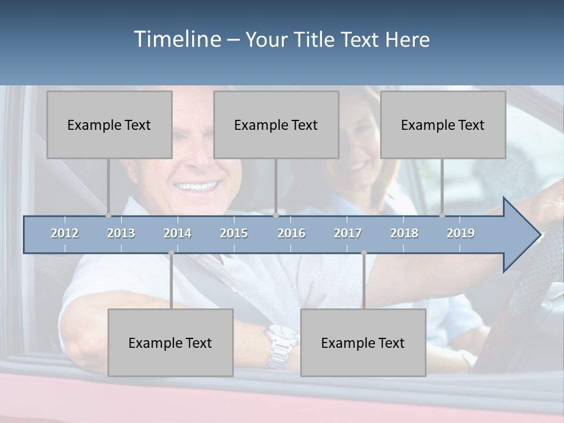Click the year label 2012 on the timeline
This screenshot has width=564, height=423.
(x=65, y=233)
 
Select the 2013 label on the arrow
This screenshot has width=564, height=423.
(x=121, y=233)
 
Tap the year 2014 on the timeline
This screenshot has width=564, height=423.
(x=177, y=233)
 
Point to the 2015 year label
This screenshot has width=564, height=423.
(x=234, y=233)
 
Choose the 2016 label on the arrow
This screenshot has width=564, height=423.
(x=291, y=233)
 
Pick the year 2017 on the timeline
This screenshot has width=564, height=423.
(x=348, y=233)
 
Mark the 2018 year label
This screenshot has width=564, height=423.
(x=404, y=233)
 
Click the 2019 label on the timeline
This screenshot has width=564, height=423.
(x=461, y=233)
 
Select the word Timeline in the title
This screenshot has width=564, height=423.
(x=177, y=39)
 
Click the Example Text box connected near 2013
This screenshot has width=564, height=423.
(x=109, y=125)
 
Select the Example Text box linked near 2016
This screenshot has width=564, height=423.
(x=276, y=125)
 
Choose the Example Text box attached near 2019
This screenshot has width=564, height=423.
(x=443, y=125)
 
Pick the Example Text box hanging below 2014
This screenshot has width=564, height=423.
(x=170, y=343)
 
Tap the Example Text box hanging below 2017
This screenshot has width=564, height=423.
(x=363, y=343)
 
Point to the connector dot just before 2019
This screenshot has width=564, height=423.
(x=442, y=215)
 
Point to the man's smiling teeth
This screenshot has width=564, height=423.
(x=197, y=187)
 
